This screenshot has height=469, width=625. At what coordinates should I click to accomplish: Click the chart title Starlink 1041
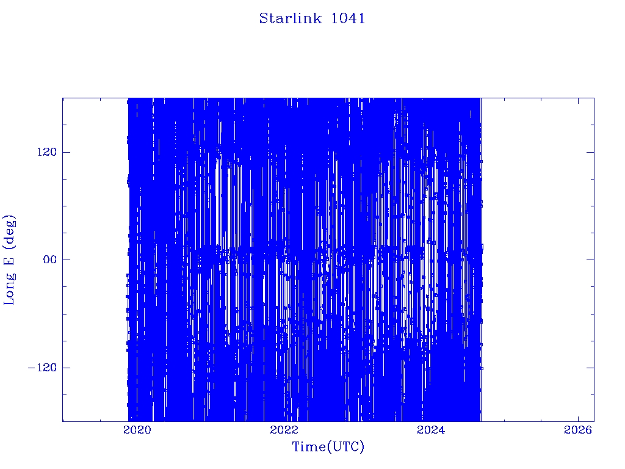point(312,18)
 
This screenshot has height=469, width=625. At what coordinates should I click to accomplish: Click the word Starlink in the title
point(290,18)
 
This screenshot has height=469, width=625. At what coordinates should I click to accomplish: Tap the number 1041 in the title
point(348,18)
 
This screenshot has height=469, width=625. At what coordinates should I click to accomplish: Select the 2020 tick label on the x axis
point(137,430)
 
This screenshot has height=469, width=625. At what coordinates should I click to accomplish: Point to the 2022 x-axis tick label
point(284,430)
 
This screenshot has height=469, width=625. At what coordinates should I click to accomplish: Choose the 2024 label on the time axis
point(431,430)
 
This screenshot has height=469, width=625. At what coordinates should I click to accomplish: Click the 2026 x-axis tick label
point(578,430)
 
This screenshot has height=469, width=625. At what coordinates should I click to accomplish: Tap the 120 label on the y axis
point(47,152)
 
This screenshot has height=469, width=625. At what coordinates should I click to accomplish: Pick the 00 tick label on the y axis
point(50,260)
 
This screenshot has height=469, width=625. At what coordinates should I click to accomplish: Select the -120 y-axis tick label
point(42,367)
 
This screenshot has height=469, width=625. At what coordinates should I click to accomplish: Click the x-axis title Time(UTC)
point(328,446)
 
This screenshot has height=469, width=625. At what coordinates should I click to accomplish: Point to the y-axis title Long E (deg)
point(10,260)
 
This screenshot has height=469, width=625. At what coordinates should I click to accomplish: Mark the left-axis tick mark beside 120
point(66,152)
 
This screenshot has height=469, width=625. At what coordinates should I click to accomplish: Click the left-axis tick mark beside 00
point(66,260)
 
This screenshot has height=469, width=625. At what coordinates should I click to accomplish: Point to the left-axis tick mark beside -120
point(66,367)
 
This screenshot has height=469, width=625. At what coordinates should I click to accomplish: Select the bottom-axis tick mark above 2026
point(578,418)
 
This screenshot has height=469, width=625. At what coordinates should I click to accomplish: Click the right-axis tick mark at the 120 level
point(590,152)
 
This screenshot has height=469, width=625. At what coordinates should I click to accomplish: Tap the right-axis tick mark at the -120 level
point(590,367)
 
